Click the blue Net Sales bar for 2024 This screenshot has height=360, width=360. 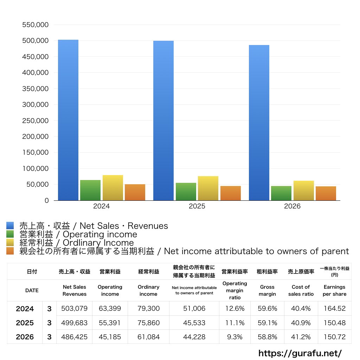point(68,120)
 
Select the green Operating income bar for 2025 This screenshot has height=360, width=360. point(186,192)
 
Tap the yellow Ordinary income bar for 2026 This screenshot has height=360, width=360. point(303,191)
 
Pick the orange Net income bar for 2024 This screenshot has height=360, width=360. point(135,192)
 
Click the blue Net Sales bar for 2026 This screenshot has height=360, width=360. point(259,123)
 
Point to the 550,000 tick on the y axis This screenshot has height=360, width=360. point(36,25)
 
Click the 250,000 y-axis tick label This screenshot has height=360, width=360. point(36,121)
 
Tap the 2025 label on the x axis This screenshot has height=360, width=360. point(197,206)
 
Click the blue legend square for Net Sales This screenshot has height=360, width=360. point(10,225)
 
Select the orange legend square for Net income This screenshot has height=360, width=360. point(10,251)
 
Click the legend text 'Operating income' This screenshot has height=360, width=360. point(100,234)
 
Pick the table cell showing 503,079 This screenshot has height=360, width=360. point(75,308)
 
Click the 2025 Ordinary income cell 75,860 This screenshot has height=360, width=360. point(149,323)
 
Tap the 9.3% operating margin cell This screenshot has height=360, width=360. point(234,337)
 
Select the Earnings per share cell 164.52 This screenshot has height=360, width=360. point(335,308)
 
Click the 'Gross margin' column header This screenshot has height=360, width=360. point(267,290)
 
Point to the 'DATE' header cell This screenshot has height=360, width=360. point(32,290)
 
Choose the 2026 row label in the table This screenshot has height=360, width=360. point(25,337)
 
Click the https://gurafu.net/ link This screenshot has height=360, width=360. point(300,353)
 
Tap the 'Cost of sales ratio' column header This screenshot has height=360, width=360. point(301,290)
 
